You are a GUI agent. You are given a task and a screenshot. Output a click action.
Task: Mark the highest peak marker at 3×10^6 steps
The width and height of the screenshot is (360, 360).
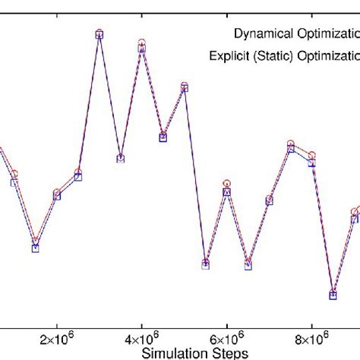[x=99, y=34]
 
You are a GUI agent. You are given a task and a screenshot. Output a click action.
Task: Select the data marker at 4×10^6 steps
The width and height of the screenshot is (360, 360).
[x=141, y=46]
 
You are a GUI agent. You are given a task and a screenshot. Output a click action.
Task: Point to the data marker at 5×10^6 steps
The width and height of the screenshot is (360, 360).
[x=184, y=88]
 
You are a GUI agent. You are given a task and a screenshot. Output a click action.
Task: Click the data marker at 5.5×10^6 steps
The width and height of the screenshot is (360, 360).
[x=205, y=264]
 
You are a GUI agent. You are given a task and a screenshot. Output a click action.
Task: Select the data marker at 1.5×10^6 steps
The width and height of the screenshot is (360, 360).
[x=35, y=245]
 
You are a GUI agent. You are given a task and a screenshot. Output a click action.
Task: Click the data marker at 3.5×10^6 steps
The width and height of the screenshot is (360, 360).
[x=120, y=159]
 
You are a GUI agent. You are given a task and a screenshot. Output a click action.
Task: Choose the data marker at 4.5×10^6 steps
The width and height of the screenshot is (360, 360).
[x=163, y=137]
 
